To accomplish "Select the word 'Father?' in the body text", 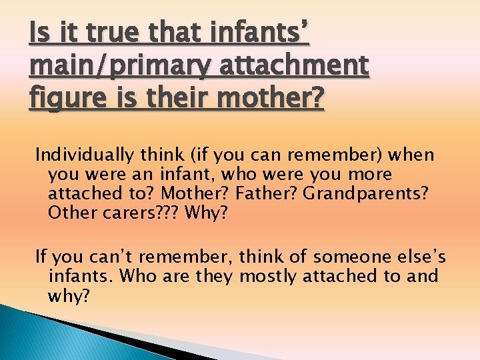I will click(x=275, y=194).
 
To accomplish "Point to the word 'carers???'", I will click(x=143, y=213).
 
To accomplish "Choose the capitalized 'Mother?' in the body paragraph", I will click(x=213, y=194).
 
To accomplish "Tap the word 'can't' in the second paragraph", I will click(x=97, y=257).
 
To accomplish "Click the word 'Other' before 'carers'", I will click(x=70, y=213).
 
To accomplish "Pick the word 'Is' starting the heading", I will click(x=38, y=31).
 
